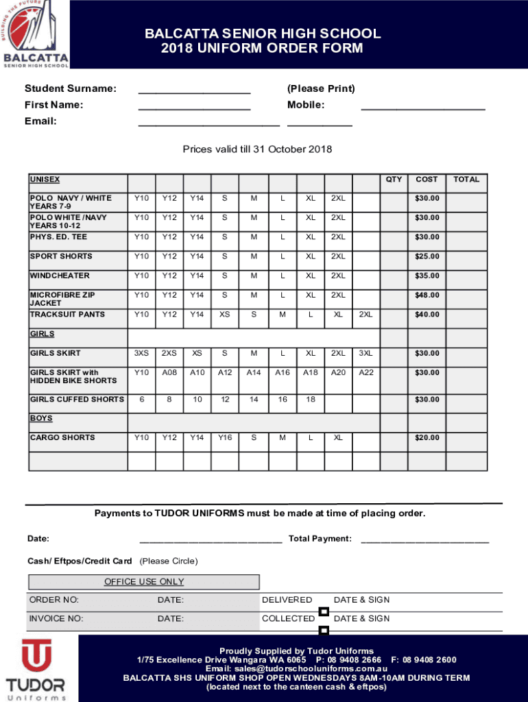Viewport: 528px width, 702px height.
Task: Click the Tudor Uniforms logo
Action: (x=36, y=668)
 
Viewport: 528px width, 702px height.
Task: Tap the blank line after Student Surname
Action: (x=194, y=90)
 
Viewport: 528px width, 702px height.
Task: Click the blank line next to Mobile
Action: (x=422, y=106)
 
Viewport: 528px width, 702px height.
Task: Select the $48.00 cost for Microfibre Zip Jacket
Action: (x=427, y=295)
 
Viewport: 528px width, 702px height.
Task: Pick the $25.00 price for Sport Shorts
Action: (x=427, y=256)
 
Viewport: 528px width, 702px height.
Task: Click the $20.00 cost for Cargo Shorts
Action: (x=427, y=437)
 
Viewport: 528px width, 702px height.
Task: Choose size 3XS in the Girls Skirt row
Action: (x=141, y=353)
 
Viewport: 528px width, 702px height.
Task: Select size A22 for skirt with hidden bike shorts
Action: (x=366, y=372)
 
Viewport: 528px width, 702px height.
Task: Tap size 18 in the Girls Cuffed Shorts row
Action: (x=311, y=399)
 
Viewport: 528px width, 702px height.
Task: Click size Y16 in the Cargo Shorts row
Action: (x=225, y=437)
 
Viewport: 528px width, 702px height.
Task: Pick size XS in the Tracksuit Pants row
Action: (x=225, y=314)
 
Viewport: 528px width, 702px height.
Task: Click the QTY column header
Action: (x=394, y=180)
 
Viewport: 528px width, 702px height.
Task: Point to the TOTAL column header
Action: (x=466, y=180)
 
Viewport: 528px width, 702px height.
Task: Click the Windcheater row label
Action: (x=60, y=276)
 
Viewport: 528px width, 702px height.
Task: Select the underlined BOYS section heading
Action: (x=41, y=418)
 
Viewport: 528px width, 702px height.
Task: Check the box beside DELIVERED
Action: (x=324, y=612)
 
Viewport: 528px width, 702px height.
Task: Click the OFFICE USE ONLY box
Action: (x=144, y=582)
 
